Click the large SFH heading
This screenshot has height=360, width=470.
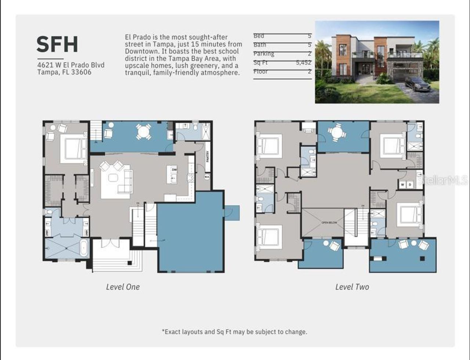[x=57, y=44]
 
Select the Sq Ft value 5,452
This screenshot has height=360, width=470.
[x=303, y=63]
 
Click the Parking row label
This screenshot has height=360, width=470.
[x=264, y=54]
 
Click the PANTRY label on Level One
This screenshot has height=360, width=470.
[x=207, y=157]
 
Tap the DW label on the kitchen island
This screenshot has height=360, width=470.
[x=174, y=170]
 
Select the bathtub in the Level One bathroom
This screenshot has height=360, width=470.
[x=84, y=248]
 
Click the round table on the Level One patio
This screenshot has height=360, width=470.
[x=144, y=131]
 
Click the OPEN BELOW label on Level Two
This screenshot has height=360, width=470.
[x=329, y=223]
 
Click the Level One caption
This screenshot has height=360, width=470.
[x=123, y=287]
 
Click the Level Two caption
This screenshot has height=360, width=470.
[x=352, y=287]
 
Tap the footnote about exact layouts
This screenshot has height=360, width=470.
[x=234, y=332]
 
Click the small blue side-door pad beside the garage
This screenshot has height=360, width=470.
[x=232, y=212]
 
